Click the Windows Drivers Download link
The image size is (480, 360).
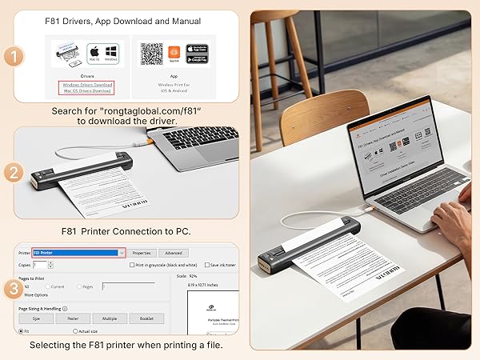click(x=87, y=84)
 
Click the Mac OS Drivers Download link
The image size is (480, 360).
click(x=87, y=91)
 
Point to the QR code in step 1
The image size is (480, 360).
click(x=151, y=54)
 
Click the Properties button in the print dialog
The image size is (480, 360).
click(x=142, y=253)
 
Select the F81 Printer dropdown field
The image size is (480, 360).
click(x=78, y=253)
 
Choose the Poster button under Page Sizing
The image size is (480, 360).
click(x=73, y=318)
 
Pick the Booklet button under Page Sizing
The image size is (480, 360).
click(x=146, y=318)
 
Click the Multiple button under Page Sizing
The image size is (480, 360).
click(x=110, y=318)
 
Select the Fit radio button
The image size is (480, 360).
click(x=22, y=331)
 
